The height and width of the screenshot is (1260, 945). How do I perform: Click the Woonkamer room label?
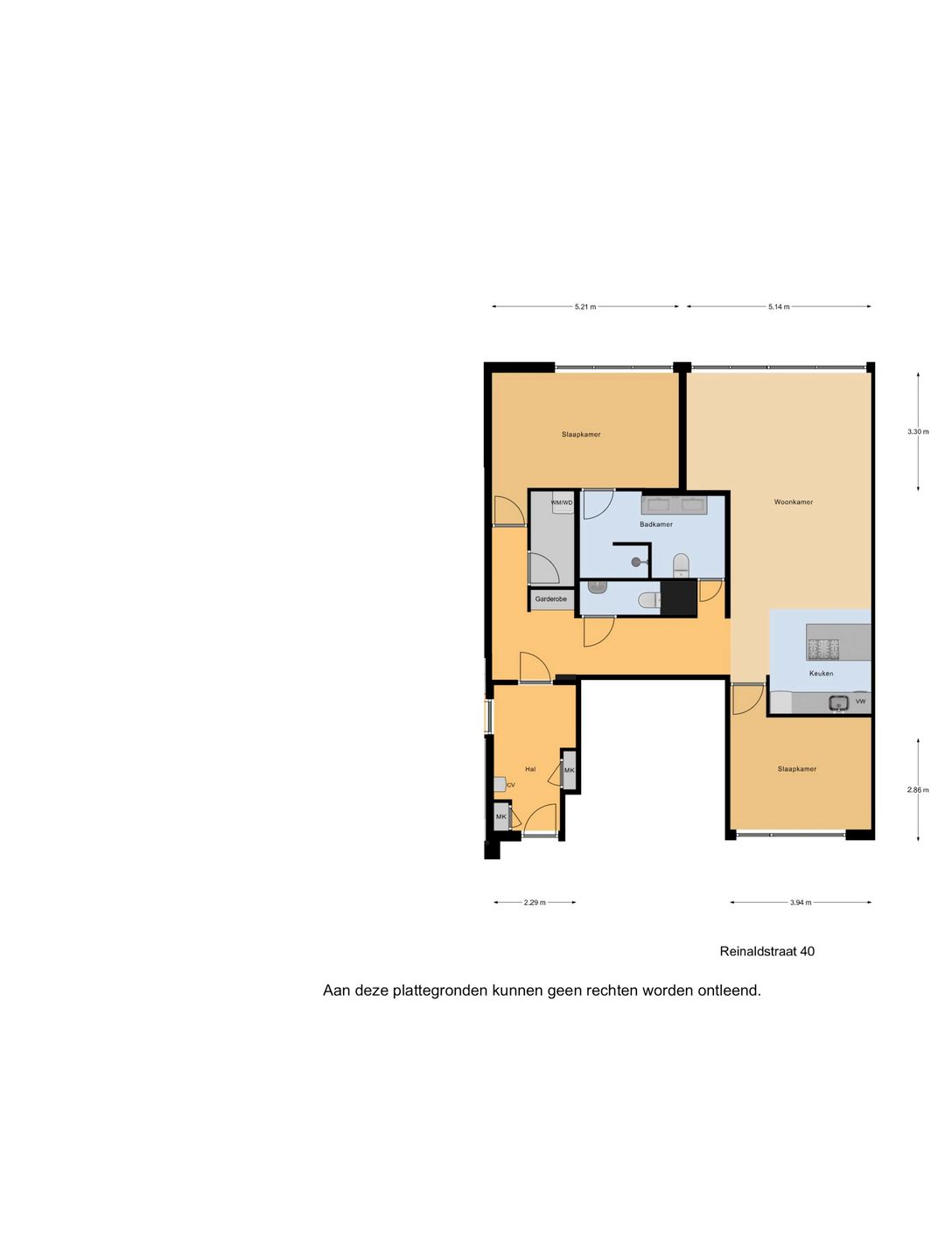[x=793, y=502]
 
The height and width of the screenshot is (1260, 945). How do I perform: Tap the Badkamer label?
[x=656, y=524]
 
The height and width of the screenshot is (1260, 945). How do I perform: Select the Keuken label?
[x=821, y=674]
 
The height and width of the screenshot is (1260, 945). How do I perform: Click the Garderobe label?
[x=551, y=599]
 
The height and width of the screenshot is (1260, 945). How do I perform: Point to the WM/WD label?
[x=562, y=502]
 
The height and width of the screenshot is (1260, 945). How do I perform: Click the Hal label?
[x=530, y=769]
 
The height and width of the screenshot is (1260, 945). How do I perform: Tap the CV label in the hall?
[x=511, y=785]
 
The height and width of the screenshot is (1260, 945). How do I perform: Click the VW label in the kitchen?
[x=860, y=702]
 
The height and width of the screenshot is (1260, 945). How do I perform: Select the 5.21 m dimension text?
[x=585, y=307]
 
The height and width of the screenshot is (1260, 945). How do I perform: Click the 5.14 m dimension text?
[x=779, y=307]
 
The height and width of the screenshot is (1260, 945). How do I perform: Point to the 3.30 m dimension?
[x=918, y=432]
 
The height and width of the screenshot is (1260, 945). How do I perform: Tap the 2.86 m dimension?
[x=918, y=790]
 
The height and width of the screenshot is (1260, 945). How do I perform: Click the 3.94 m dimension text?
[x=801, y=903]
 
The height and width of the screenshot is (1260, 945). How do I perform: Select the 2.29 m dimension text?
[x=535, y=903]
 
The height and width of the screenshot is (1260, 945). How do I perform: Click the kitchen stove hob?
[x=822, y=648]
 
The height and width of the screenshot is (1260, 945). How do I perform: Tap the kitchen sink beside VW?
[x=838, y=702]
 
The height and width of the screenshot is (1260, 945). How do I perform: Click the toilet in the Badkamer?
[x=681, y=564]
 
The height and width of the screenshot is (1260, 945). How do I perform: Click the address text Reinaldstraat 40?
[x=766, y=951]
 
